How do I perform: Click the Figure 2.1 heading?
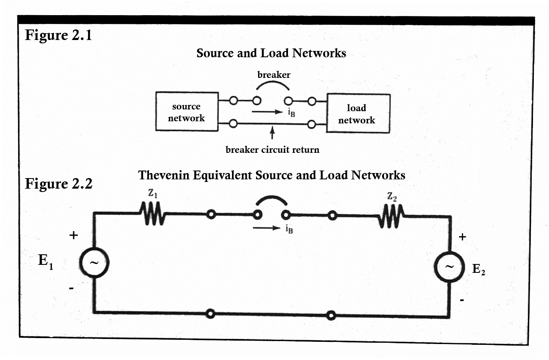pos(58,35)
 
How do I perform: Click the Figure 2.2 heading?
pos(58,184)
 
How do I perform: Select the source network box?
pos(187,112)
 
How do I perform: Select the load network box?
pos(358,114)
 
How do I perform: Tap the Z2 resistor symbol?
pos(391,216)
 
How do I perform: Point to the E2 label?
pos(479,269)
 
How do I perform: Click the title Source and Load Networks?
pos(271,53)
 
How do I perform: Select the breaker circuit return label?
pos(272,149)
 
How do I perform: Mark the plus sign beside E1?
pos(73,235)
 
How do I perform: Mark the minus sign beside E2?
pos(462,301)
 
